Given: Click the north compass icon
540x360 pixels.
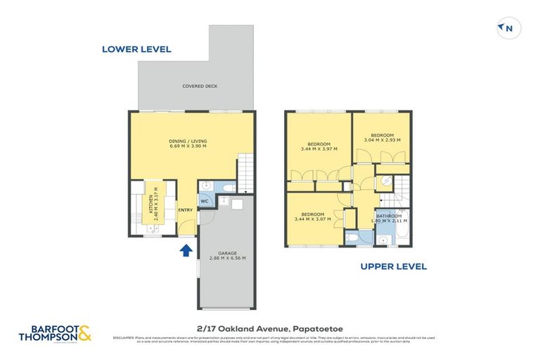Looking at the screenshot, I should click(506, 28).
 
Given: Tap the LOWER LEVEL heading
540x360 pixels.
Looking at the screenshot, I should click(136, 49).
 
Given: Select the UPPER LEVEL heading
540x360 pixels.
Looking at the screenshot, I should click(394, 266).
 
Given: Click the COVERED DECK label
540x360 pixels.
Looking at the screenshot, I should click(200, 86).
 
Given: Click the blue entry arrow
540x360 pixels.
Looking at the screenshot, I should click(187, 250).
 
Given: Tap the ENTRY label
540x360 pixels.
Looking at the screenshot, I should click(186, 210).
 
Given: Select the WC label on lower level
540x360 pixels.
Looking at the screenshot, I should click(205, 202).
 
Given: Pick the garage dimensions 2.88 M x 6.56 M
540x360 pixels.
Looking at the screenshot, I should click(226, 259).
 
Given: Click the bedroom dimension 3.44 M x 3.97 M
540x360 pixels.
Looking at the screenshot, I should click(319, 149).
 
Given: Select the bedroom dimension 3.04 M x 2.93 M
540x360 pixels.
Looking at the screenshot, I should click(382, 140).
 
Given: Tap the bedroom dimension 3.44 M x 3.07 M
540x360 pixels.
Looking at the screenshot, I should click(313, 220).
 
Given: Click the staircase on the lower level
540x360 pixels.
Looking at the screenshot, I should click(245, 173).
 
